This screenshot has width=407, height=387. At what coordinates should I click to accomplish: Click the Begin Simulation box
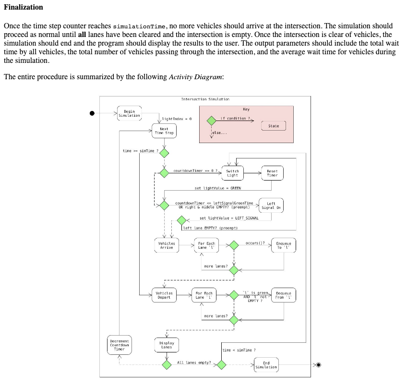(129, 113)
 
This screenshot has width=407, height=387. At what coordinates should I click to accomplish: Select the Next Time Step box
(164, 131)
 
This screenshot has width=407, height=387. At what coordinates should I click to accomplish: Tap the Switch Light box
(232, 173)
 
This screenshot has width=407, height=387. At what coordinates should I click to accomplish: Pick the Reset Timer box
(272, 173)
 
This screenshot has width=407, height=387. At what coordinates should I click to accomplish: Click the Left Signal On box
(271, 206)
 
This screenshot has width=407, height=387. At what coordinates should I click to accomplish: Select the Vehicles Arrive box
(166, 245)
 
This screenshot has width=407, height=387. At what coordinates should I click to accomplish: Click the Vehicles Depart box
(164, 295)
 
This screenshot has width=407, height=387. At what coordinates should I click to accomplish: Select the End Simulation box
(266, 365)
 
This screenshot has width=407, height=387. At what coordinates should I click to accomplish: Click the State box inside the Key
(273, 126)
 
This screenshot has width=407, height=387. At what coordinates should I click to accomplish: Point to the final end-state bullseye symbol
(318, 365)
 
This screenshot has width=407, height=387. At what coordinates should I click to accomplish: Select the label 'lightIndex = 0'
(177, 118)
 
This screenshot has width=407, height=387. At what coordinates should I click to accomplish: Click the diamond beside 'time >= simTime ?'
(164, 153)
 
